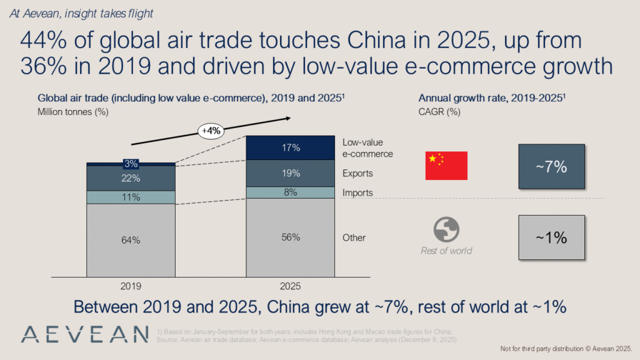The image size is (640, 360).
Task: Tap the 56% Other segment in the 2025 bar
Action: coord(291,237)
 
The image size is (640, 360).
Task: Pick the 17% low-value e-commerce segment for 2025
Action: coord(291,147)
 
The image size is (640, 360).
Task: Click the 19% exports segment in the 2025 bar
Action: coord(291,173)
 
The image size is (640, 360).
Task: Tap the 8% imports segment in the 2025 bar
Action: coord(291,192)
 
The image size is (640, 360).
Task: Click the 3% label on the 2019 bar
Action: coord(131,164)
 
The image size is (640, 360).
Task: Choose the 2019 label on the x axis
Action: coord(131,286)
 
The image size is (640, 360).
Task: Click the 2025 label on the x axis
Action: coord(291,286)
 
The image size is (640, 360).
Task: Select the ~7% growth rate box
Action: coord(551,167)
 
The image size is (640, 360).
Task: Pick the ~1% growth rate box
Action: coord(551,237)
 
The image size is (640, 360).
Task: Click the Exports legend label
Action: coord(357,173)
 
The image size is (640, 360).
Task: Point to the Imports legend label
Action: coord(357,193)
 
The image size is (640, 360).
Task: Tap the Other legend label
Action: coord(354,238)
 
